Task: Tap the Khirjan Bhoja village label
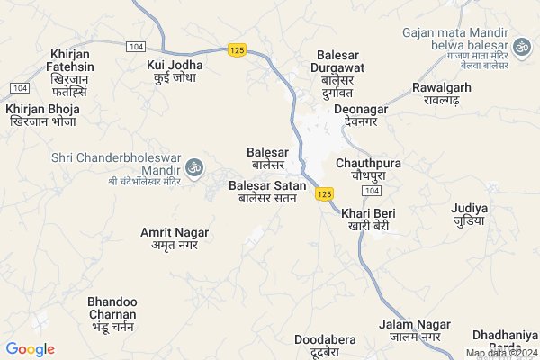[43, 115]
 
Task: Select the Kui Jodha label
[175, 71]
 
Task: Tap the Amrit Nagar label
[175, 238]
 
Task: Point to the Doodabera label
[325, 346]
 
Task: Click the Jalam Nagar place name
[409, 330]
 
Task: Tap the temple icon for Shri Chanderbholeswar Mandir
[194, 167]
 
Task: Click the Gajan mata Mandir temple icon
[522, 45]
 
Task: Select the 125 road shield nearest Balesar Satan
[326, 193]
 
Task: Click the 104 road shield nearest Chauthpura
[372, 193]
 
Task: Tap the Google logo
[30, 349]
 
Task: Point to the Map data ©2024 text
[501, 354]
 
